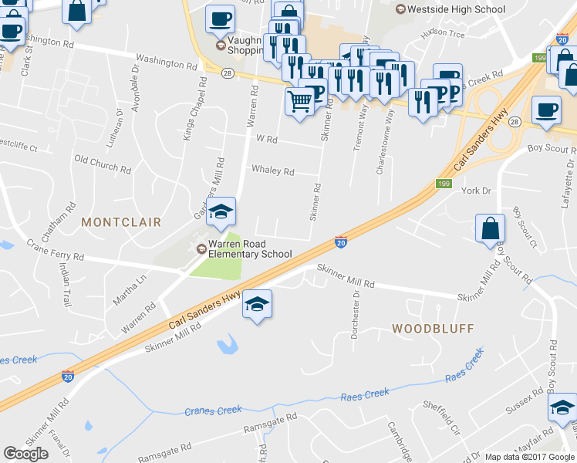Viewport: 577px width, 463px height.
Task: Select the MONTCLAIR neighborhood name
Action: point(121,222)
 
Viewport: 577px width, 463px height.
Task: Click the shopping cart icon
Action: point(299,100)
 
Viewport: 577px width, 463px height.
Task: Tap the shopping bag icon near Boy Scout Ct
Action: point(491,228)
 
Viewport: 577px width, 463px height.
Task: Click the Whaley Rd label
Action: point(273,171)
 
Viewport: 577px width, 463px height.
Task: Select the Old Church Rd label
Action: point(103,163)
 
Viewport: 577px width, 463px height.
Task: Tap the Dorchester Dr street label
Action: point(356,305)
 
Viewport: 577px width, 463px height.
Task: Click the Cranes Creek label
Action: point(213,410)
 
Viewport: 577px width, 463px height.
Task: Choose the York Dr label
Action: point(475,191)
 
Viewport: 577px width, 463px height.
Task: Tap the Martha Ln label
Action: point(130,289)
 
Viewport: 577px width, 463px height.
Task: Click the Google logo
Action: point(25,454)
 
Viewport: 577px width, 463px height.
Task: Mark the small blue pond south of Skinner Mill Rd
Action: point(228,345)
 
